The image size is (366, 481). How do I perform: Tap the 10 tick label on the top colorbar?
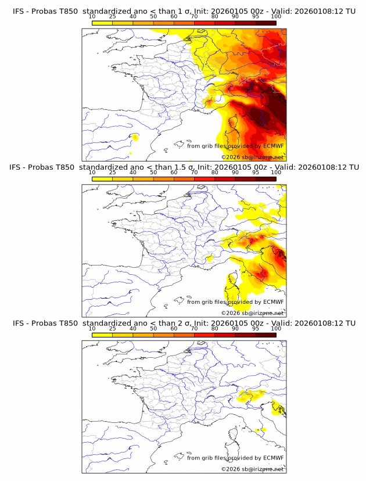pos(92,17)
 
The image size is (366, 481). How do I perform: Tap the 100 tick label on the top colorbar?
pos(276,17)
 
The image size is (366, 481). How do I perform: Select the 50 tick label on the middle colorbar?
pos(153,173)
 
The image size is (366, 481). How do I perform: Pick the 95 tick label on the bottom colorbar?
pos(256,328)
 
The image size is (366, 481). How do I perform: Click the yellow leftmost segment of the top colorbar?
pos(102,22)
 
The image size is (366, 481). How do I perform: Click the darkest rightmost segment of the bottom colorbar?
pos(265,335)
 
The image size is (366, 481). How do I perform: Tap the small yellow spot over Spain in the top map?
pos(135,137)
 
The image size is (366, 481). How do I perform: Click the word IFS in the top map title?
pos(19,12)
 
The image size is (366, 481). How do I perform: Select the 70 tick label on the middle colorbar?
pos(195,173)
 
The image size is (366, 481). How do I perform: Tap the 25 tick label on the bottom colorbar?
pos(113,328)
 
